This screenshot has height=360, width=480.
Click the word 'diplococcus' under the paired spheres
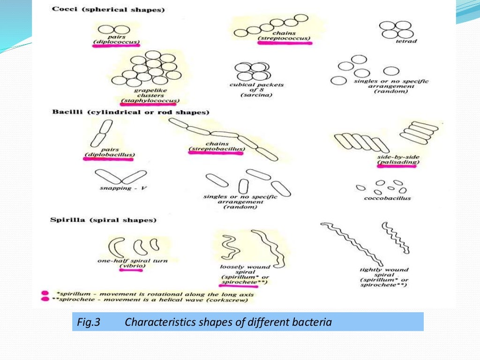(x=116, y=42)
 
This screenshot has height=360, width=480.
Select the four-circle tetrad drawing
(x=394, y=30)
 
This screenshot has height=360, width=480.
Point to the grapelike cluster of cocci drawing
(x=147, y=70)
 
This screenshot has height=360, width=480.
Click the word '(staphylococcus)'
(x=150, y=100)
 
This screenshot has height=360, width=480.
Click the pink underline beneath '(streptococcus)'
(x=285, y=43)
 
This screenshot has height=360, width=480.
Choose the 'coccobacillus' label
(x=387, y=198)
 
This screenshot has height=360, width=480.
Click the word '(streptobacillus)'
(x=217, y=150)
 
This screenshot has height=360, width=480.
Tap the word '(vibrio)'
(x=133, y=266)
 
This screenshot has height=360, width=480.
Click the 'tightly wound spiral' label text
(x=384, y=272)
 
